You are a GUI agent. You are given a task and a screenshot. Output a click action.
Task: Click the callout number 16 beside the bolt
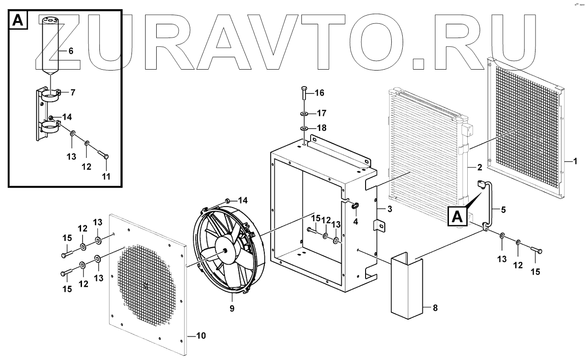point(319,93)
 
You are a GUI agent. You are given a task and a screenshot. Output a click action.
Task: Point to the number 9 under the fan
point(232,309)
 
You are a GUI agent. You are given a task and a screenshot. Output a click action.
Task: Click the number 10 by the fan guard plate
point(201,336)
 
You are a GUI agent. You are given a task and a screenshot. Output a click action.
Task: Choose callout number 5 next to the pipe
point(503,210)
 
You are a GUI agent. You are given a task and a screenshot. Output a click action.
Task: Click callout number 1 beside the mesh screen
point(575,161)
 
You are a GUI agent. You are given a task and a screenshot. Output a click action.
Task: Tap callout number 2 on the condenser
point(480,167)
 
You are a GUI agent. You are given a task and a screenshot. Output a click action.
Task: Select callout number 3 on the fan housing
point(389,210)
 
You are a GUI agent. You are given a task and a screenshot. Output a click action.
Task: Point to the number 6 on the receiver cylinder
point(71,51)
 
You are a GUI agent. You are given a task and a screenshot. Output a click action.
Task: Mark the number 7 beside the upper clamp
point(72,92)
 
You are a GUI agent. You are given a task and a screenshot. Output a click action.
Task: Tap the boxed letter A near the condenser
point(459,217)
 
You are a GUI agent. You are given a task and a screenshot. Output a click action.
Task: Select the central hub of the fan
point(226,251)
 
